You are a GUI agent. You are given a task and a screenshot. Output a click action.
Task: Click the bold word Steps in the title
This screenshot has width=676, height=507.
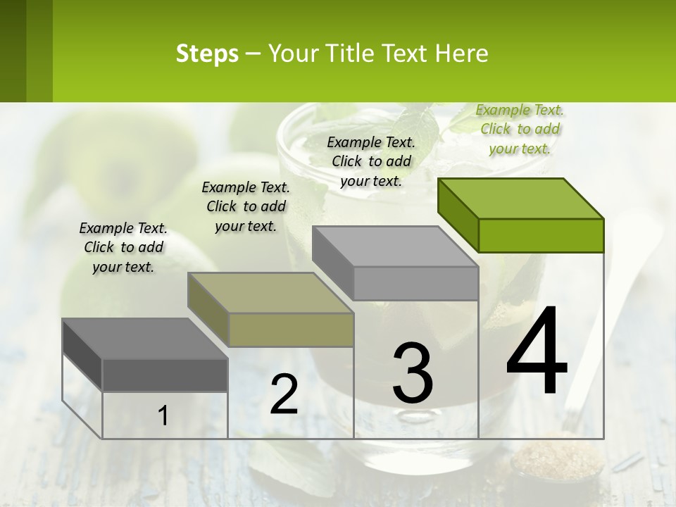point(206,54)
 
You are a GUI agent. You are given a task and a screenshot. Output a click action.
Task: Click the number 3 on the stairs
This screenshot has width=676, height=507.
point(413,373)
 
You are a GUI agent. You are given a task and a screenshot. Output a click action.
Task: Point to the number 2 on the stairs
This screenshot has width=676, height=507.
point(284,394)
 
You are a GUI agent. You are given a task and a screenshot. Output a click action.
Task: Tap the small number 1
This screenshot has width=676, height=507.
point(163,415)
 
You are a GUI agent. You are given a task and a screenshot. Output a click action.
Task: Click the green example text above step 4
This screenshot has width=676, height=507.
point(520,130)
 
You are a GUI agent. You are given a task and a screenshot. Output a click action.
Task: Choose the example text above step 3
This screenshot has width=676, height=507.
point(371,161)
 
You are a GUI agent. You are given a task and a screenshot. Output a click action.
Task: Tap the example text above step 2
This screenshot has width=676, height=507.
point(246,206)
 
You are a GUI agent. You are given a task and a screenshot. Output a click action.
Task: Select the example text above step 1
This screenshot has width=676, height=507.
point(123,247)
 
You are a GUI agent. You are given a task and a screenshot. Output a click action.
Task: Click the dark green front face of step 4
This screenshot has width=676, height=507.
point(541,235)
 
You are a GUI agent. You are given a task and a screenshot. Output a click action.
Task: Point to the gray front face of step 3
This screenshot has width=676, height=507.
point(415,283)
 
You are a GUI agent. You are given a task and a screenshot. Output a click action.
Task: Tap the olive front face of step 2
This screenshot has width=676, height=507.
point(291,330)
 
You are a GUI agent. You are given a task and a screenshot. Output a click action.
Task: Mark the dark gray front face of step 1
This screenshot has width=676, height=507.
point(165,375)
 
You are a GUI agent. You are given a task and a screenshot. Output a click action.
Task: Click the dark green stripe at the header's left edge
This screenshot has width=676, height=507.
point(25,51)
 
